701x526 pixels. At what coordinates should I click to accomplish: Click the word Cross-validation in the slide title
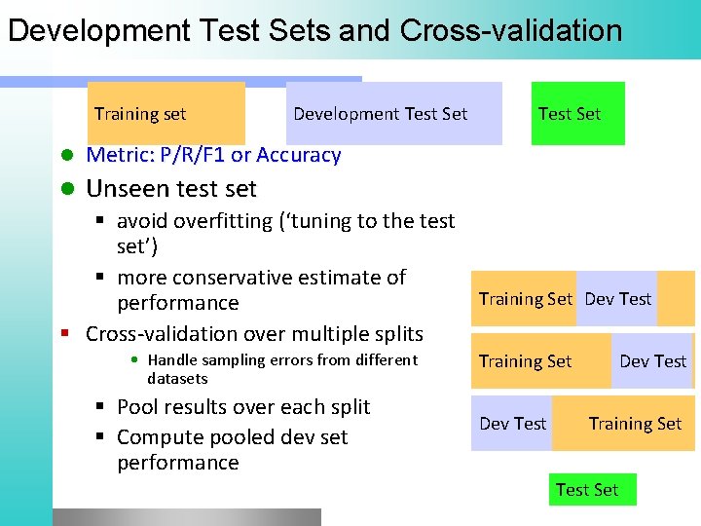coord(510,30)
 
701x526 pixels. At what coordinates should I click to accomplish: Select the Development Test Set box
coord(381,114)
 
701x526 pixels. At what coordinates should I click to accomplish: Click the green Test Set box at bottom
coord(587,490)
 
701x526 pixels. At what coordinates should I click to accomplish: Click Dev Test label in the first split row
coord(618,299)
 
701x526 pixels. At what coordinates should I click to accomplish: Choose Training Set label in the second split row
coord(526,361)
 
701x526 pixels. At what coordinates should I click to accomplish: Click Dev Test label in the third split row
coord(513,424)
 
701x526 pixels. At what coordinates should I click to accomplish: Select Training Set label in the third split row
coord(635,424)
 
